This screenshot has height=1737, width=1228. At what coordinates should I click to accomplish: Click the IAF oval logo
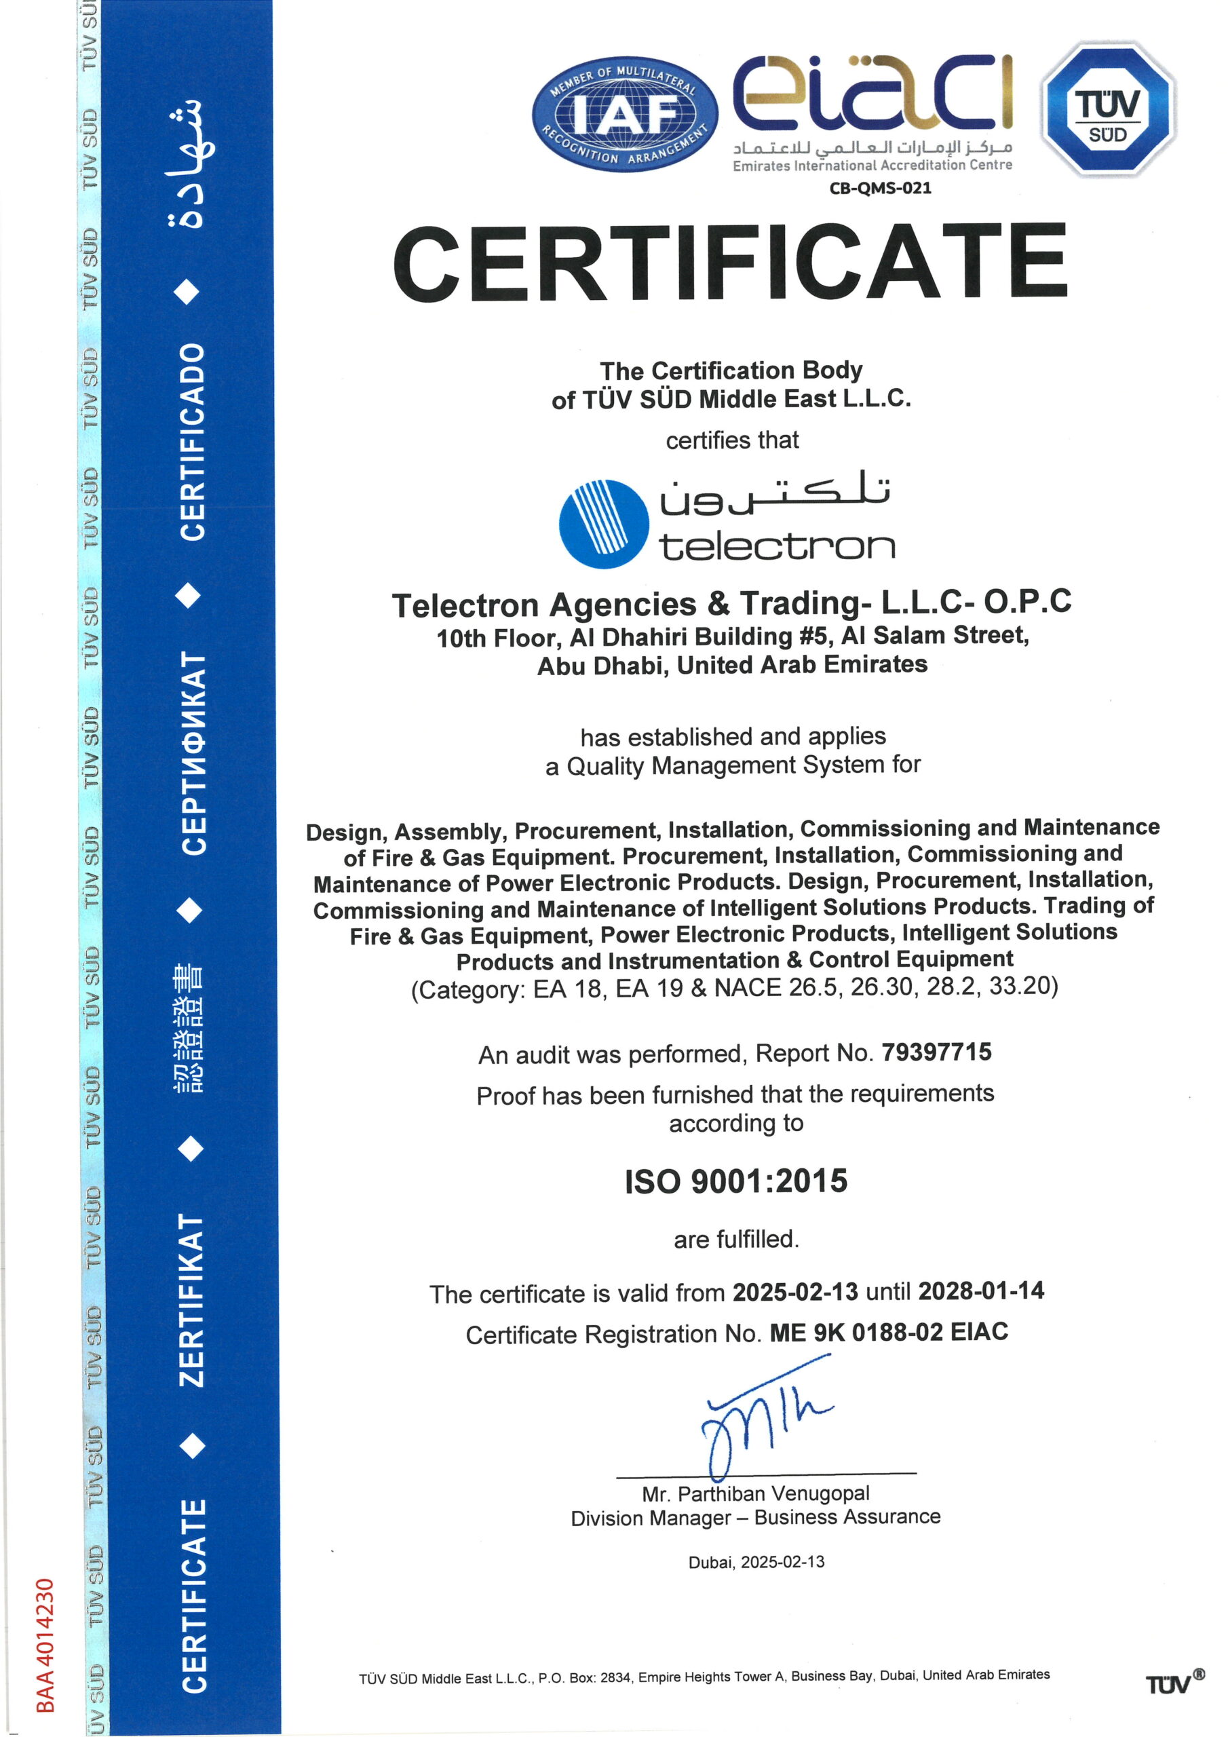625,114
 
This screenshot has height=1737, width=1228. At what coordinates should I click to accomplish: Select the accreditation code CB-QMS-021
880,189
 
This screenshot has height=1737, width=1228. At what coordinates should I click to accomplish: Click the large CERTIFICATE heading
730,264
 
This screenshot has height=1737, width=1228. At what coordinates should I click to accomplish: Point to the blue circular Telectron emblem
604,524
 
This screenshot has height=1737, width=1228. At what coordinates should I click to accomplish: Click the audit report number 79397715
936,1052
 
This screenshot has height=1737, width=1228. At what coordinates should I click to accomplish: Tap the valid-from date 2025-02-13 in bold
794,1291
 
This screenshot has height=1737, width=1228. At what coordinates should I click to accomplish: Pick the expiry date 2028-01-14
980,1290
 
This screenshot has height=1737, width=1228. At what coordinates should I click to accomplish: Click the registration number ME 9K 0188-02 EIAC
888,1331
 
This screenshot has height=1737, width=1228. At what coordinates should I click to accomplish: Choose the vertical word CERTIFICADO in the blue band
191,442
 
